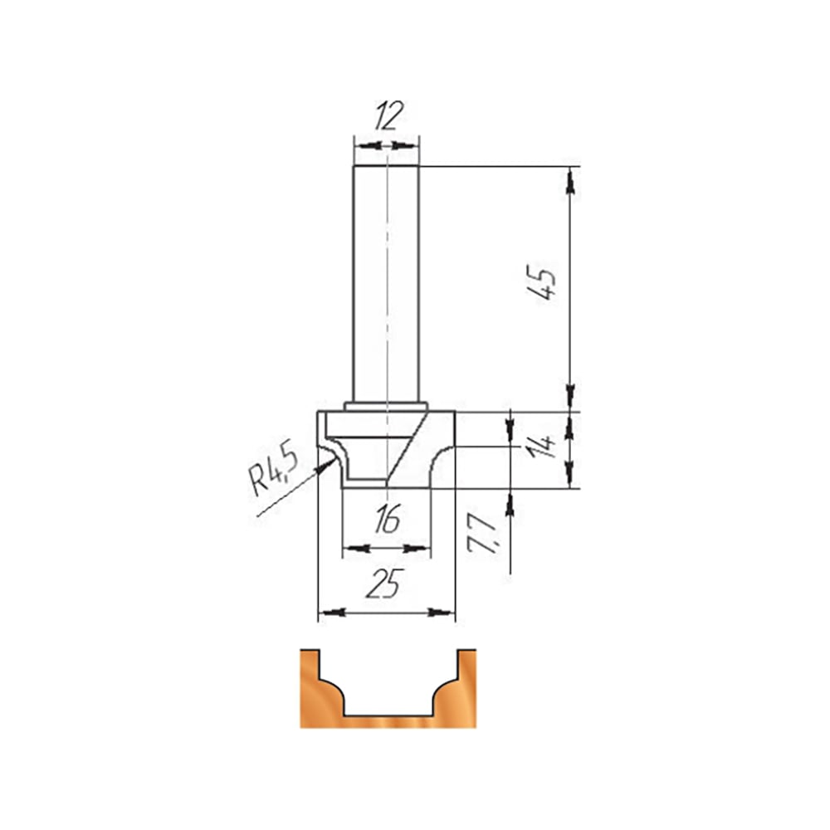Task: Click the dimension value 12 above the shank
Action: [x=389, y=115]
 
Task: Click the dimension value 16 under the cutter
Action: [x=387, y=520]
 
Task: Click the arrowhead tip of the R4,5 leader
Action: [x=334, y=460]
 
